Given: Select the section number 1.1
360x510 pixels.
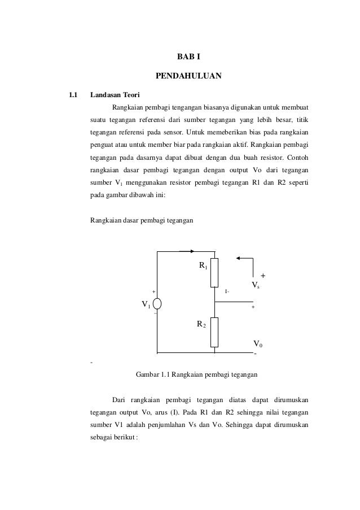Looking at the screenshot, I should click(x=72, y=94).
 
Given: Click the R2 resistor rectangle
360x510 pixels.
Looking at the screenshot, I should click(x=214, y=332).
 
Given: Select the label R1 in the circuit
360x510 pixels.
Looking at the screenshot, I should click(x=203, y=264).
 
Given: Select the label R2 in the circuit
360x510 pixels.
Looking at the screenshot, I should click(x=201, y=324).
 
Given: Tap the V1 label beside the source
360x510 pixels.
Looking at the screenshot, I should click(x=146, y=306).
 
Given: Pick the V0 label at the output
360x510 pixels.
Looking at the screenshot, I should click(x=258, y=343).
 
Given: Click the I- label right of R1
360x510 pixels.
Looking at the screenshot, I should click(x=227, y=291).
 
